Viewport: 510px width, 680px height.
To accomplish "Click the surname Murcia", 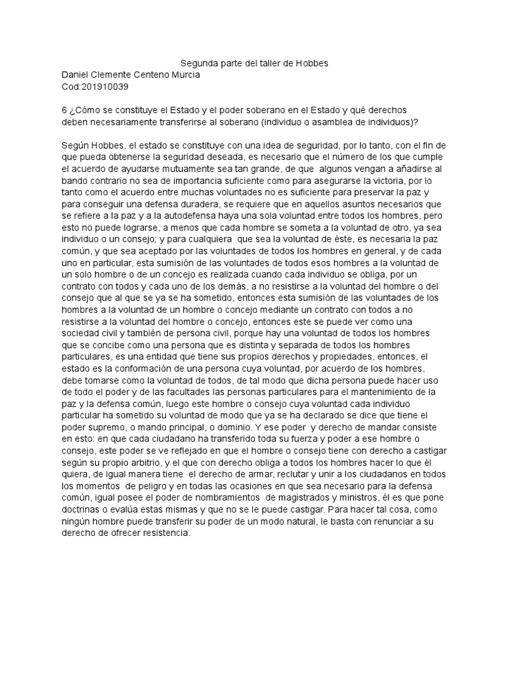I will (184, 75).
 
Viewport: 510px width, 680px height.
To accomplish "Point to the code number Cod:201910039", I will (94, 87).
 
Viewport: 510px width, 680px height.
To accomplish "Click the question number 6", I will (64, 110).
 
